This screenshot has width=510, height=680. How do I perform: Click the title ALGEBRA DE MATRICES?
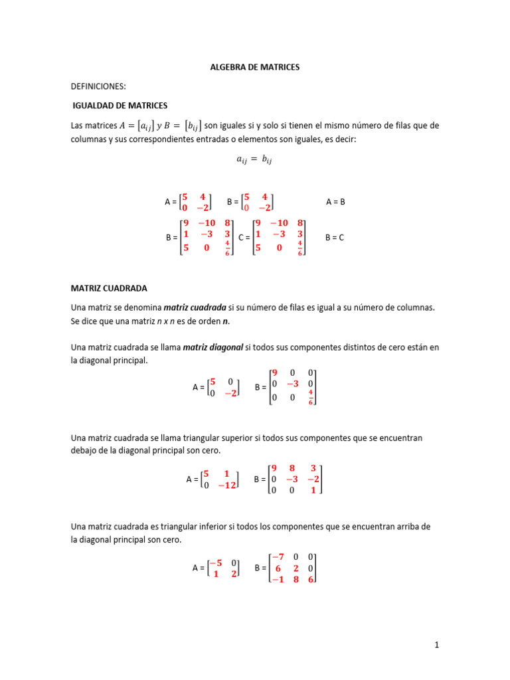pos(255,67)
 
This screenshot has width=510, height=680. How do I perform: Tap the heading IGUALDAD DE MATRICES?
pos(120,106)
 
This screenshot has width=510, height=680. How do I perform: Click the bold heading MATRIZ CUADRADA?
pos(109,288)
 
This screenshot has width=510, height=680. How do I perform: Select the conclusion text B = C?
pos(335,237)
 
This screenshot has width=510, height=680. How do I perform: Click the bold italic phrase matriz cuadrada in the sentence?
pos(195,308)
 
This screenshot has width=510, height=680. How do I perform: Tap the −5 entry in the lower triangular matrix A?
pos(215,563)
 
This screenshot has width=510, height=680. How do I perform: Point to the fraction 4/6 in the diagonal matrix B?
pos(310,397)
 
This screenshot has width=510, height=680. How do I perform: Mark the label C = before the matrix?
pos(244,237)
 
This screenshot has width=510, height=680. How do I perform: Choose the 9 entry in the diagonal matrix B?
pos(274,373)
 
